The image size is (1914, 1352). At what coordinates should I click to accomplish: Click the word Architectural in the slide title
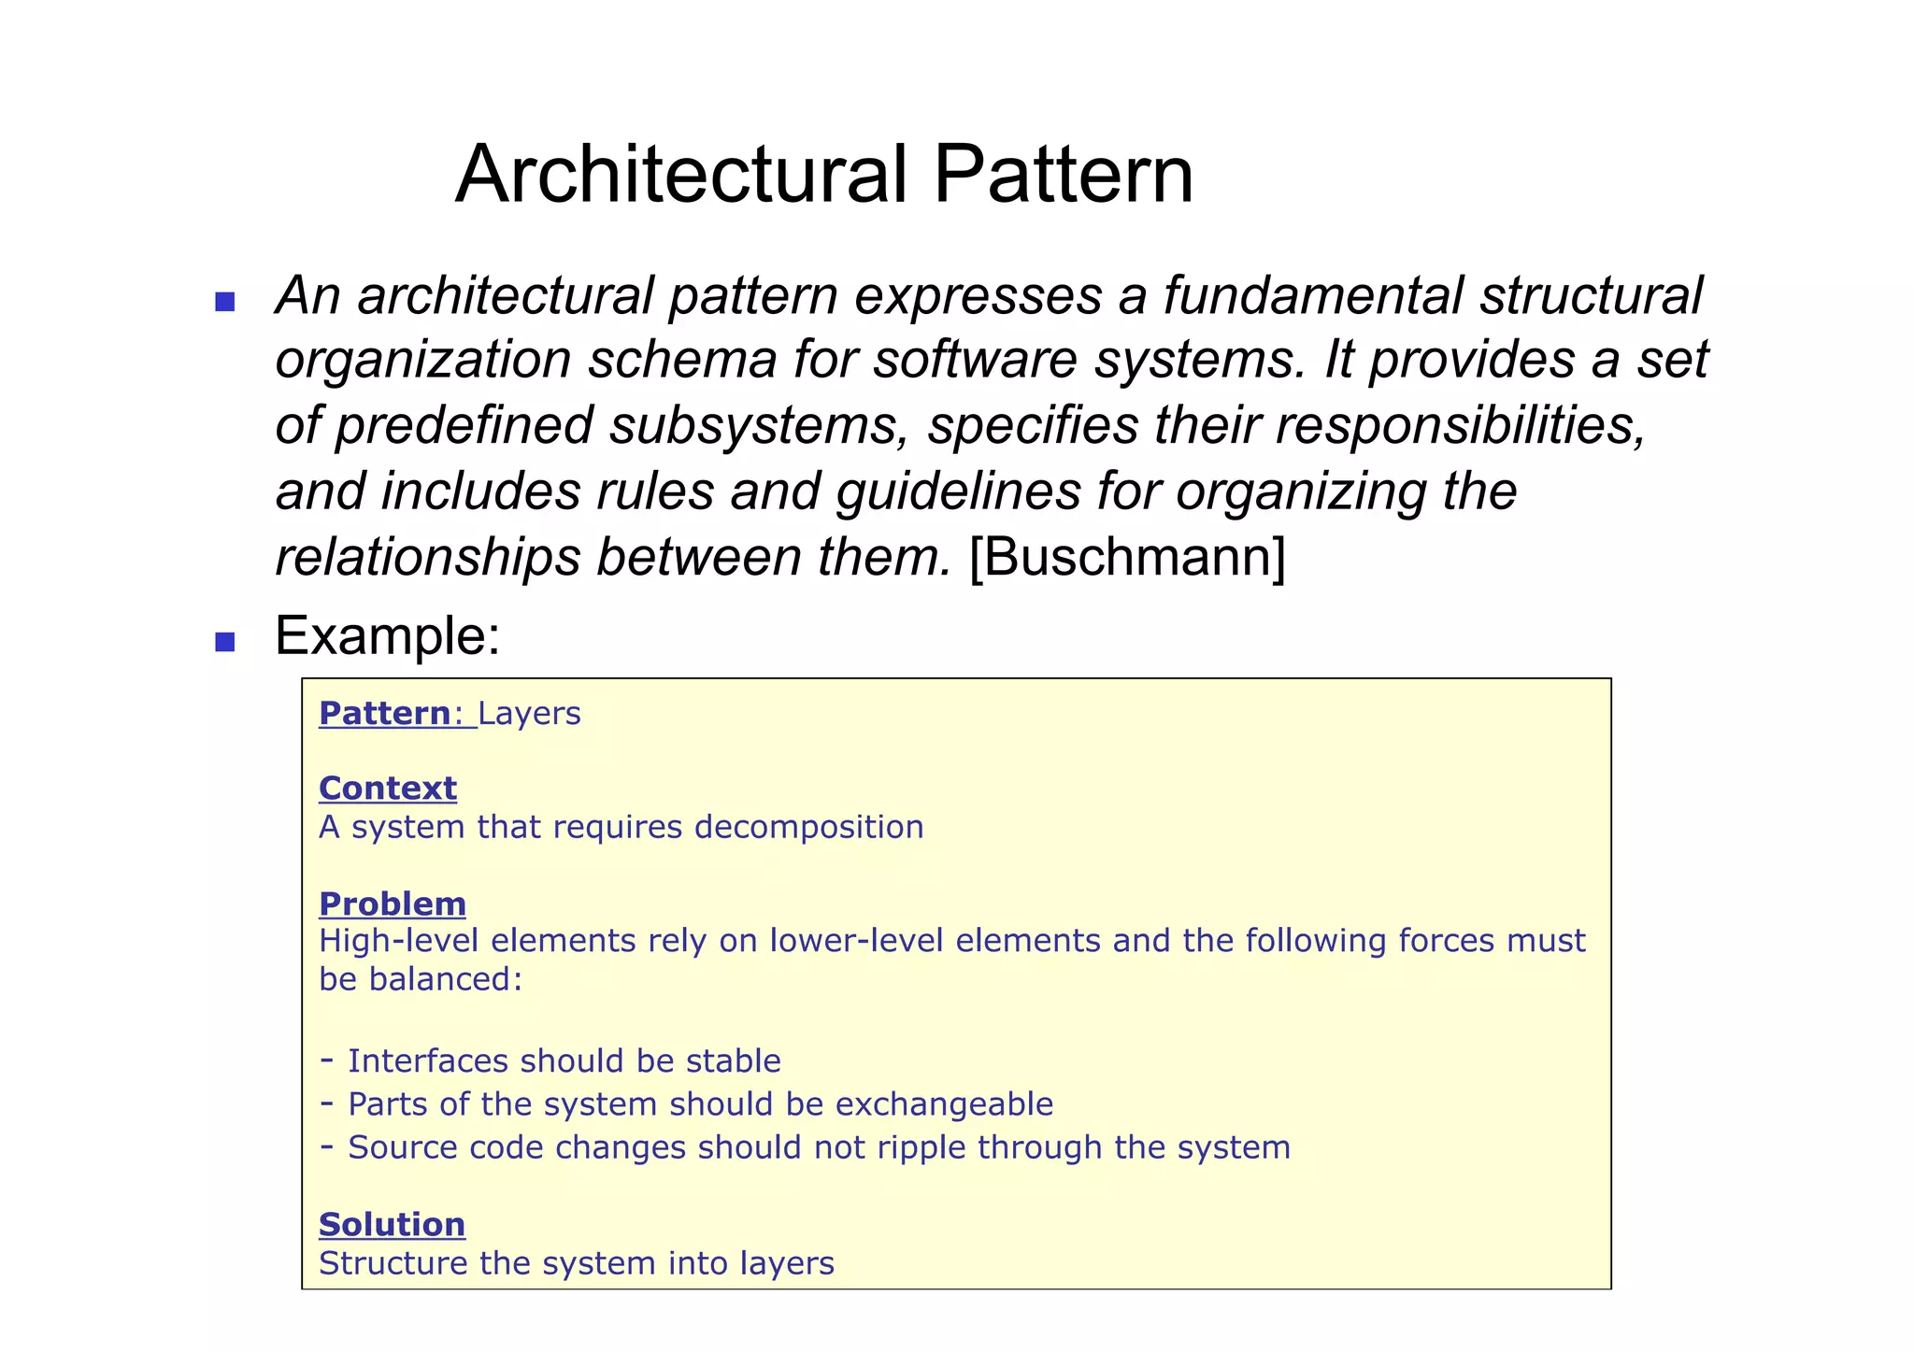(x=681, y=175)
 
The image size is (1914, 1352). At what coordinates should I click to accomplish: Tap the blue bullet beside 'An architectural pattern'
(x=224, y=302)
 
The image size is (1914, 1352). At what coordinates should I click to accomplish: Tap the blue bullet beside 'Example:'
(x=224, y=642)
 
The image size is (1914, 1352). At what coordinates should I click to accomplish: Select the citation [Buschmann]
(x=1127, y=557)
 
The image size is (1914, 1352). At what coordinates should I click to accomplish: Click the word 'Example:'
(x=387, y=636)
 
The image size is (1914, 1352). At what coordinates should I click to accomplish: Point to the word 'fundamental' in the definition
(x=1313, y=295)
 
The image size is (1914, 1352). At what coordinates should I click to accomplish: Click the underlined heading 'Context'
(x=388, y=788)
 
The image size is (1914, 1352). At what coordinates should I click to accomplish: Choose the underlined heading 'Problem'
(x=393, y=904)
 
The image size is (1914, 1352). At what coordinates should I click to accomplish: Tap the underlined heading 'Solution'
(x=392, y=1224)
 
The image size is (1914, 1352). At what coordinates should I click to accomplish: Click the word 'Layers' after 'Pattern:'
(x=529, y=714)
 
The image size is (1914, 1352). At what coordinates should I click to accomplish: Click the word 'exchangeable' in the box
(x=944, y=1104)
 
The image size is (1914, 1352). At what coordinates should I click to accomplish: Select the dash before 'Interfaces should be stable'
(x=327, y=1060)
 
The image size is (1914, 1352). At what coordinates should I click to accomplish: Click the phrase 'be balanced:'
(x=421, y=979)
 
